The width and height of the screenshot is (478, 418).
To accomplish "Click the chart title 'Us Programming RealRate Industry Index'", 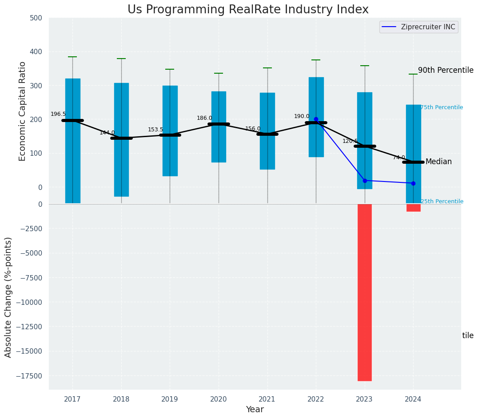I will coord(248,10).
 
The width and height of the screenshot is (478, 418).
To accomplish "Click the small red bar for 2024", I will coord(413,208).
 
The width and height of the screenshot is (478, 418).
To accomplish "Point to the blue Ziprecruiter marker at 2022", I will coord(316,119).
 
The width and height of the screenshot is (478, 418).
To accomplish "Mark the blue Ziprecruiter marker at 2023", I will coord(365,181).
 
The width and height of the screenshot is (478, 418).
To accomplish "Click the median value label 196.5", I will coord(58,114).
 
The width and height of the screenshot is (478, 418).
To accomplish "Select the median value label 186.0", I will coord(204,118).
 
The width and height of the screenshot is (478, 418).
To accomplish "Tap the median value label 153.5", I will coord(155,130).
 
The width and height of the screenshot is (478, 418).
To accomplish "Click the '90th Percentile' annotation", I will coord(446,70).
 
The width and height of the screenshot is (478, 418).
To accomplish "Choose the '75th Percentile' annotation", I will coord(442,107).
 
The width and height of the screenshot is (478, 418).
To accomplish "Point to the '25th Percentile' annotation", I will coord(442,201).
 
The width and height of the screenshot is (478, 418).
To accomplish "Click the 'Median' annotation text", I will coord(438,162).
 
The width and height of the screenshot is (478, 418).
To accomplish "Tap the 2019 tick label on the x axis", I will coord(170,399).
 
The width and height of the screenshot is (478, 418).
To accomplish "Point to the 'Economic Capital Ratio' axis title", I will coord(23,111).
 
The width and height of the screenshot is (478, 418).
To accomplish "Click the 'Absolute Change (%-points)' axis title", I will coord(8,297).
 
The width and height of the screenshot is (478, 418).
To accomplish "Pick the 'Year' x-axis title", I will coord(255,410).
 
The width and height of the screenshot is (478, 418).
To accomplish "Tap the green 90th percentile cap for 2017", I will coord(72,57).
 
